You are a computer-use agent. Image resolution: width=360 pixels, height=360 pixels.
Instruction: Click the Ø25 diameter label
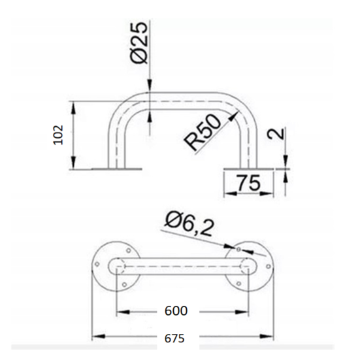139,42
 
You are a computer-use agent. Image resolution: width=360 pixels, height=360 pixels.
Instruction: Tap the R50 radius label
203,133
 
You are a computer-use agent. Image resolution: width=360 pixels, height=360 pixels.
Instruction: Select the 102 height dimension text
58,135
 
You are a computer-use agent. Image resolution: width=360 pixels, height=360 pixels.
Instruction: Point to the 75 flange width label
249,183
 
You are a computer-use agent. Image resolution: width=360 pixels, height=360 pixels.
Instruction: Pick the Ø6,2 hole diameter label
189,225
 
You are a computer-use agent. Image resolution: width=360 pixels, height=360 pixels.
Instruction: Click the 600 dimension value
176,311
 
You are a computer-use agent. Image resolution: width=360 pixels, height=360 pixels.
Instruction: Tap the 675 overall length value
174,338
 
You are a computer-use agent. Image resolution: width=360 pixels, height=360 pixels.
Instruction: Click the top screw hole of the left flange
129,250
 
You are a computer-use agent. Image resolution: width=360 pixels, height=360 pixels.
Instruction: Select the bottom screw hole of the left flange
124,285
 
